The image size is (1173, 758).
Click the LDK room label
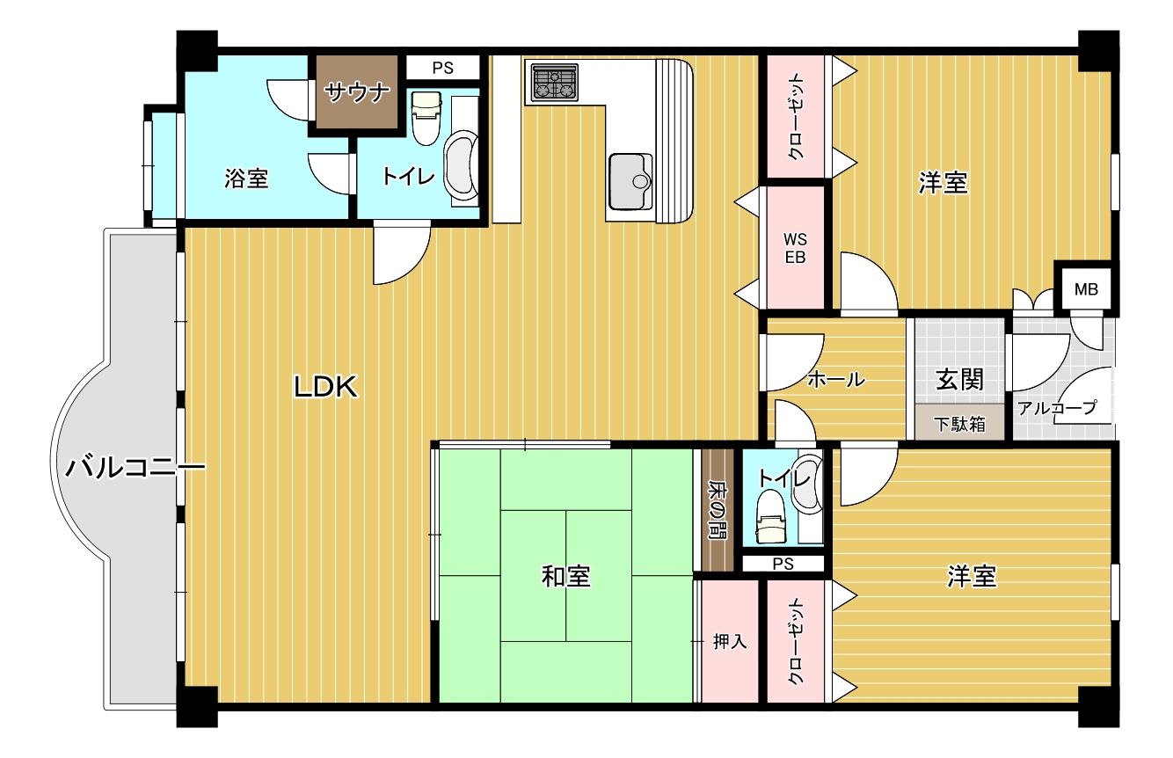tap(325, 387)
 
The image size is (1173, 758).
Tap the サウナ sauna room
tap(357, 92)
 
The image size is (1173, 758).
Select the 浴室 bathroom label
tap(246, 179)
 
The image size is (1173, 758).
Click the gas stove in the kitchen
tap(555, 83)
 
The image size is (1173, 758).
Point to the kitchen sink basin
tap(631, 181)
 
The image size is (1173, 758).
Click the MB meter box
tap(1086, 288)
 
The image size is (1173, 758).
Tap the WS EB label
tap(795, 248)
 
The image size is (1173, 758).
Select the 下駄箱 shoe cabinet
tap(960, 423)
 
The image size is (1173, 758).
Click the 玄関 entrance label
tap(960, 380)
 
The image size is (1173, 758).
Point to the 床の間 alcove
tap(718, 510)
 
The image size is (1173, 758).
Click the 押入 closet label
tap(730, 642)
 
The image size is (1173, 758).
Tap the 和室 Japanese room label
tap(565, 577)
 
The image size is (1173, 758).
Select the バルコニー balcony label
tap(135, 468)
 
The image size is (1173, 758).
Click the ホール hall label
tap(835, 379)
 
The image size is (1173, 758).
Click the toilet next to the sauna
tap(426, 118)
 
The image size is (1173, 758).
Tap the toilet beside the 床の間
tap(771, 517)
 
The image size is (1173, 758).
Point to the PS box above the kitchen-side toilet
tap(443, 68)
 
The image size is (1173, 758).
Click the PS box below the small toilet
tap(783, 564)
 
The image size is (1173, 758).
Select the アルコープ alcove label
tap(1057, 407)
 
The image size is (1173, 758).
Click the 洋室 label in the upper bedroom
tap(943, 184)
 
